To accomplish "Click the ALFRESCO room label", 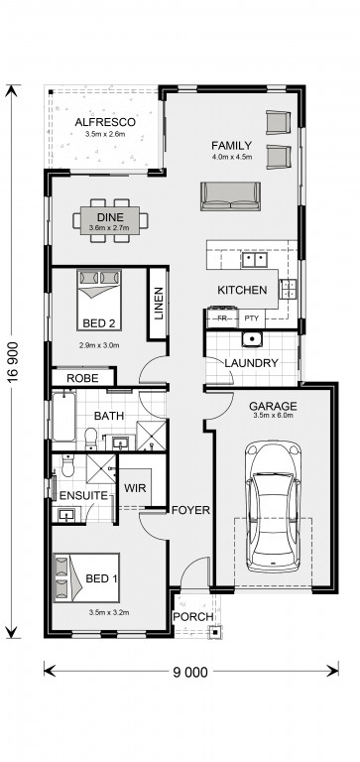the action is (105, 122).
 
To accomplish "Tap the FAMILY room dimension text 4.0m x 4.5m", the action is (231, 157).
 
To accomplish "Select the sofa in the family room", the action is (231, 196).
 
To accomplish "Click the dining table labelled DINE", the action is (110, 220).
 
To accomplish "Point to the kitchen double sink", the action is (254, 260).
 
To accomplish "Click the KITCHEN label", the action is (242, 290).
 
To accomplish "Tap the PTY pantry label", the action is (252, 318).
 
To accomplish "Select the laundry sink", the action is (253, 338).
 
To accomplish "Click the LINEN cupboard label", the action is (159, 304).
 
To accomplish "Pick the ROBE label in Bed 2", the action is (82, 378).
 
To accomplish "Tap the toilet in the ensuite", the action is (67, 466).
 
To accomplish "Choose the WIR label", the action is (135, 488).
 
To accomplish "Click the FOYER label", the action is (190, 510).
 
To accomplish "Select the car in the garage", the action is (273, 506).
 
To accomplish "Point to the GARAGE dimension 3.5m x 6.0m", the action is (273, 416).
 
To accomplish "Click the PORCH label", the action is (193, 617).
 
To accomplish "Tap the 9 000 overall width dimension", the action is (190, 672).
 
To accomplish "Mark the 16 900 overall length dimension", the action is (13, 361).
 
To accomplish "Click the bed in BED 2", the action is (99, 300).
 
